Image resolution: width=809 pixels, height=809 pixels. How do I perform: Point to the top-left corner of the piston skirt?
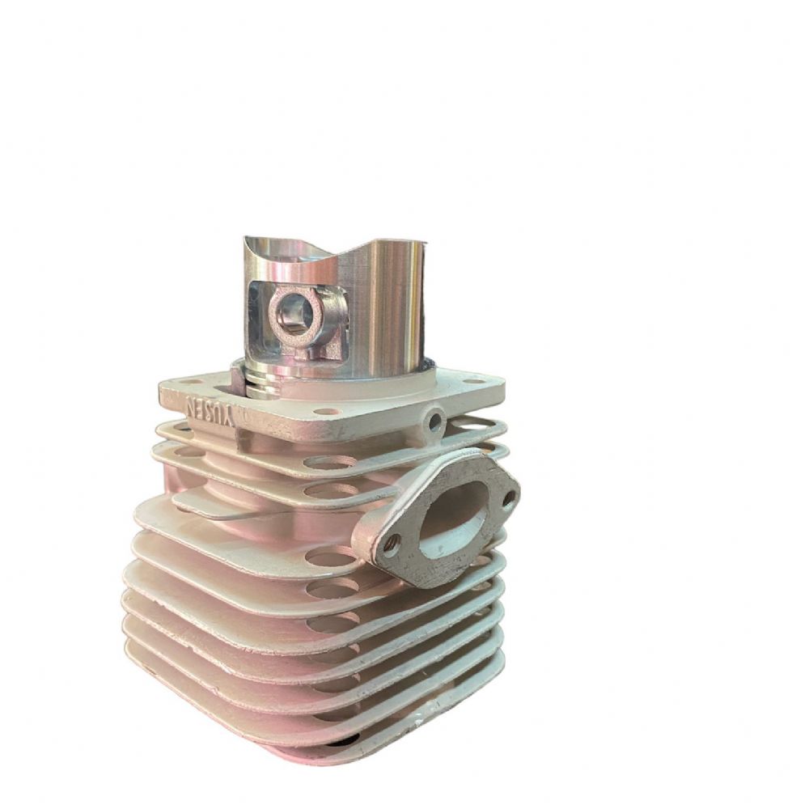(x=247, y=241)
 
